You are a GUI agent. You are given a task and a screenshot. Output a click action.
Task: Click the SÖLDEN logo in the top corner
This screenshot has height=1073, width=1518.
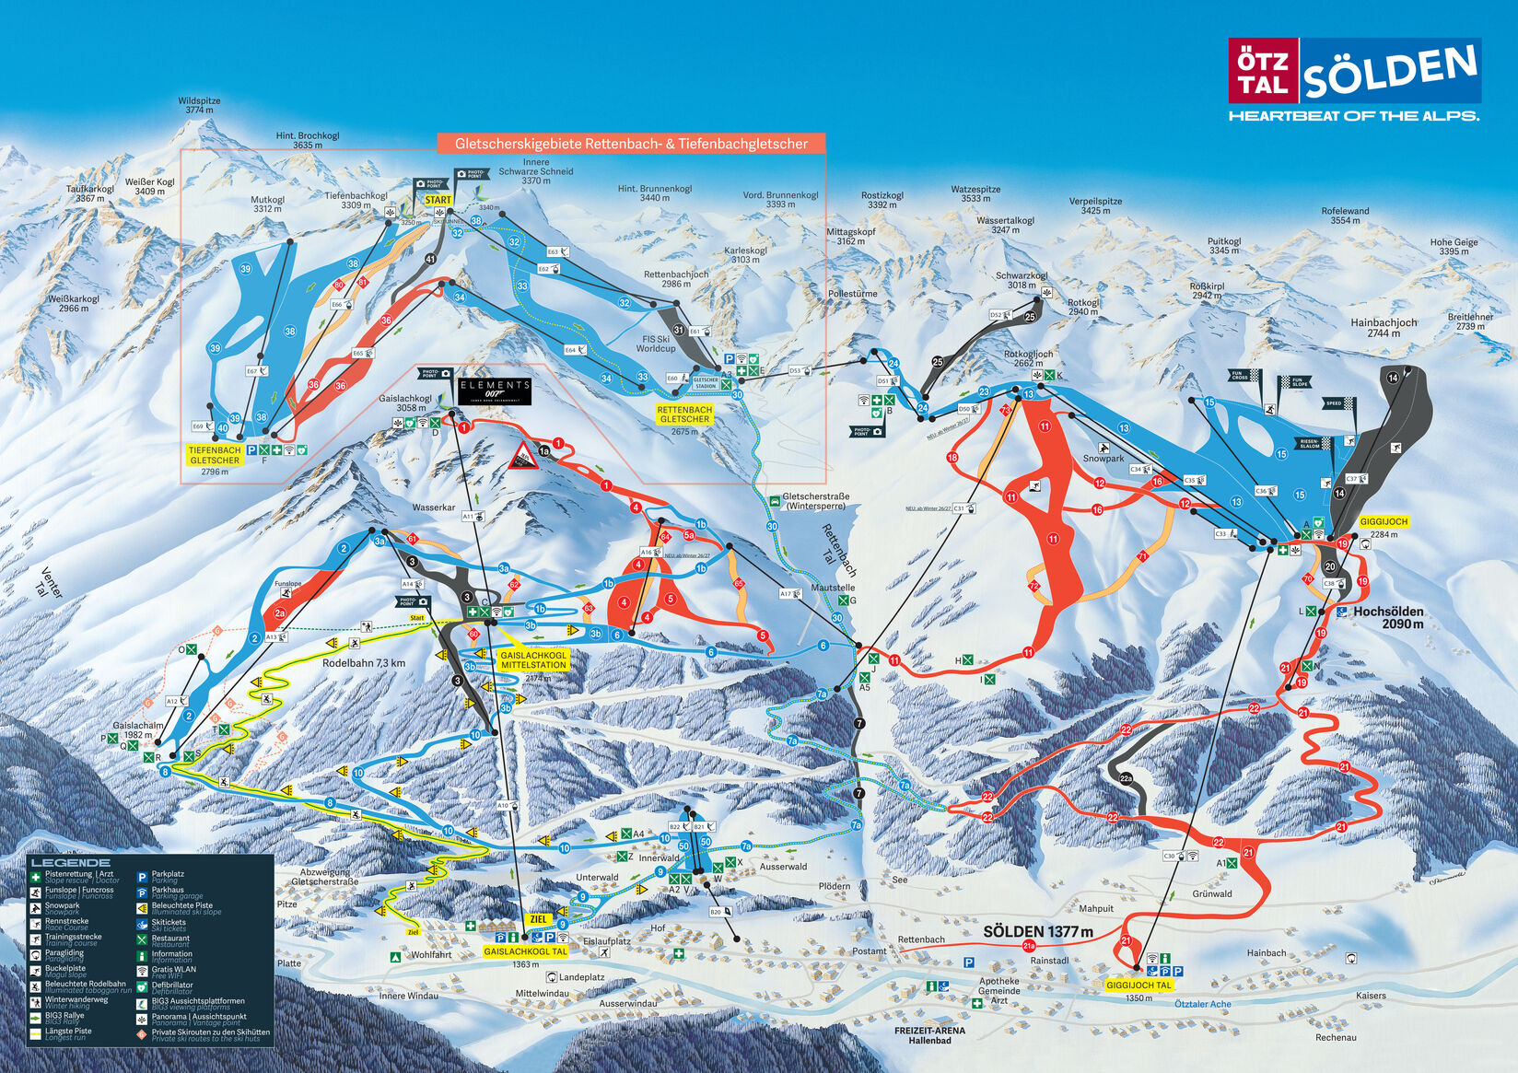click(x=1354, y=71)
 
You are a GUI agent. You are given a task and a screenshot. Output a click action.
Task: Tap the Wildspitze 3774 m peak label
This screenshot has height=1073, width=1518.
click(x=199, y=105)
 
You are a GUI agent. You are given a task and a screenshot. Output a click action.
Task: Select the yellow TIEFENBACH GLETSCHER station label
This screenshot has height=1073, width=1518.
click(x=215, y=455)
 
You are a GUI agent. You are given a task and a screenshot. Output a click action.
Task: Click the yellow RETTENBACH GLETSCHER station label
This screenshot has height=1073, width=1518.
click(x=684, y=414)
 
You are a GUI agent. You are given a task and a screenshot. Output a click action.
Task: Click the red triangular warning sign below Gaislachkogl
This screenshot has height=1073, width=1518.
click(x=523, y=456)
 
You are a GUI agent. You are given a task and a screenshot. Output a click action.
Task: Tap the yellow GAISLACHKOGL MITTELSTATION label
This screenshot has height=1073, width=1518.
click(x=533, y=659)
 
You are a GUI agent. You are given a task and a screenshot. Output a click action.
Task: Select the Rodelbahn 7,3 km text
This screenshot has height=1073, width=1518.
click(x=363, y=663)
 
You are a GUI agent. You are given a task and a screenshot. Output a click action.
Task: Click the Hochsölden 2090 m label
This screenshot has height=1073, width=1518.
click(x=1387, y=617)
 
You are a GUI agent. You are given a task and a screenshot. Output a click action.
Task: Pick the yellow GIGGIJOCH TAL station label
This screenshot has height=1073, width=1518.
click(x=1138, y=985)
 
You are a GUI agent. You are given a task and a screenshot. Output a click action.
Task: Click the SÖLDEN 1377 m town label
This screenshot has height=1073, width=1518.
click(x=1037, y=931)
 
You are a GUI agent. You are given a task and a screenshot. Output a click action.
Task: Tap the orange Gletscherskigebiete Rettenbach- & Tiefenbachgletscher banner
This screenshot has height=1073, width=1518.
click(x=631, y=144)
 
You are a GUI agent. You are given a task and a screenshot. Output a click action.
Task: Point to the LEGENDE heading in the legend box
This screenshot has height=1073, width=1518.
click(x=70, y=863)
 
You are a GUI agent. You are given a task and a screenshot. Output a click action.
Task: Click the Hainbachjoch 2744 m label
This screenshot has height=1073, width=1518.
click(x=1383, y=328)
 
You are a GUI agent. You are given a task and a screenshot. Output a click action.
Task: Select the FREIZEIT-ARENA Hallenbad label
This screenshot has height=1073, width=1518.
click(x=929, y=1035)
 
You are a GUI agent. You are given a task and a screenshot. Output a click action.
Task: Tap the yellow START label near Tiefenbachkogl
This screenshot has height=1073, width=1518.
click(x=438, y=200)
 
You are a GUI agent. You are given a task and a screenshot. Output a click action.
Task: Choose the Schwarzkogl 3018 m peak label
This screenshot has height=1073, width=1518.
click(x=1021, y=280)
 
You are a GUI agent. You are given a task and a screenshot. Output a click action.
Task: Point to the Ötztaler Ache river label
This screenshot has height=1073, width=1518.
click(x=1202, y=1004)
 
